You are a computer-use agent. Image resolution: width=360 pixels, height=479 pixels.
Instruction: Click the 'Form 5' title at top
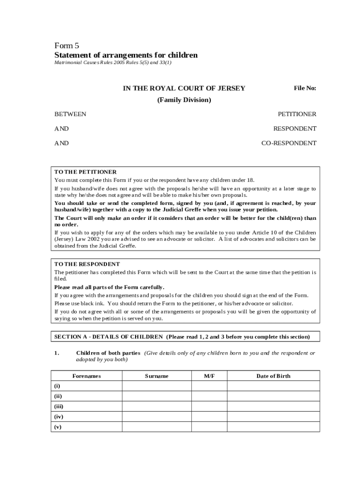pyautogui.click(x=67, y=45)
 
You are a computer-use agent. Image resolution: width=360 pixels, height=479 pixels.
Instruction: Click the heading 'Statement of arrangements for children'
pyautogui.click(x=126, y=55)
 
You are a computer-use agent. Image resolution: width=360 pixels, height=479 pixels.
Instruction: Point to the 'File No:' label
pyautogui.click(x=305, y=88)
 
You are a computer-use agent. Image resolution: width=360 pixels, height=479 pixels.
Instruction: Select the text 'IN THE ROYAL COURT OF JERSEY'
pyautogui.click(x=184, y=88)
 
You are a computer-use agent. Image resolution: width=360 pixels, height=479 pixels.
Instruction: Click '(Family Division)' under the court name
pyautogui.click(x=184, y=100)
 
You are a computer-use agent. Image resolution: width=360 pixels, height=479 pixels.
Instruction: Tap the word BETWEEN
pyautogui.click(x=70, y=114)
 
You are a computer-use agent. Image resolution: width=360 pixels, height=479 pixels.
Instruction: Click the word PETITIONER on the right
pyautogui.click(x=297, y=114)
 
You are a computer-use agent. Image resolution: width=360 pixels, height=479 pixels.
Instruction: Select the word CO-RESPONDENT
pyautogui.click(x=288, y=143)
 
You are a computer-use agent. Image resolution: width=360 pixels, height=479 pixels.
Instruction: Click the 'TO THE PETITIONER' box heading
pyautogui.click(x=86, y=172)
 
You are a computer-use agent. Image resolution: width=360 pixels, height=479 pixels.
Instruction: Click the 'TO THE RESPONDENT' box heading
pyautogui.click(x=87, y=264)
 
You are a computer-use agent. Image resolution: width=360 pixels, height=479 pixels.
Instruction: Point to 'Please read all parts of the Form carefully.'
pyautogui.click(x=109, y=287)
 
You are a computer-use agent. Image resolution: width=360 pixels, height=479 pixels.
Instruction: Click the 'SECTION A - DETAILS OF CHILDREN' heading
pyautogui.click(x=108, y=336)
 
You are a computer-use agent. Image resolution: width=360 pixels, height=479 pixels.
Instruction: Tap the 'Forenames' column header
pyautogui.click(x=86, y=376)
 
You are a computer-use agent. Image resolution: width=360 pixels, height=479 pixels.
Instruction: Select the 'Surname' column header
pyautogui.click(x=157, y=376)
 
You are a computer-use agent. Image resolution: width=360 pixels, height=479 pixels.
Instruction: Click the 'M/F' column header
pyautogui.click(x=209, y=376)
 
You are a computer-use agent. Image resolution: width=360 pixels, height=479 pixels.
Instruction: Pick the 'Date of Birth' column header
pyautogui.click(x=273, y=376)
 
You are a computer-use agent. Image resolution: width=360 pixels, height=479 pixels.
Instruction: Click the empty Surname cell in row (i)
pyautogui.click(x=157, y=386)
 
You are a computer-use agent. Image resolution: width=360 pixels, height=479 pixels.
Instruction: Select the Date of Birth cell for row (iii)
pyautogui.click(x=273, y=406)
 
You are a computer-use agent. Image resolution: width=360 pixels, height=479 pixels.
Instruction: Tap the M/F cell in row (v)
pyautogui.click(x=209, y=427)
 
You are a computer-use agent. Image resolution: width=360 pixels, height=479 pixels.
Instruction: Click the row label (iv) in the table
pyautogui.click(x=59, y=416)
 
